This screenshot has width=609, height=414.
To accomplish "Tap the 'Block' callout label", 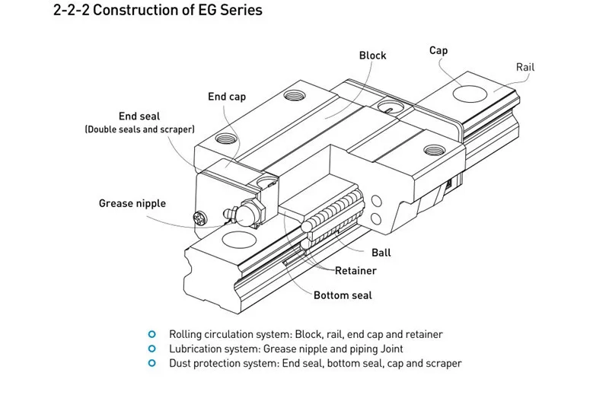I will click(372, 56).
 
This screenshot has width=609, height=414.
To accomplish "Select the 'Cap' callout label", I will click(438, 50).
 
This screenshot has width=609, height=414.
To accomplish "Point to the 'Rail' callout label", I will click(525, 67).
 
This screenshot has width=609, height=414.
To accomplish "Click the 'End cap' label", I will click(227, 97).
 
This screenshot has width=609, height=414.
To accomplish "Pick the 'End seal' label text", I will click(139, 116).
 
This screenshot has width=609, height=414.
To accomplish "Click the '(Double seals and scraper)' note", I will click(139, 130).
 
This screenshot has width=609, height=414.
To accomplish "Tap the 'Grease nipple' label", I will click(132, 203).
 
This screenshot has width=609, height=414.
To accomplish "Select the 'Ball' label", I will click(381, 253).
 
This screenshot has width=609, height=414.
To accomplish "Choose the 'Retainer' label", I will click(356, 270).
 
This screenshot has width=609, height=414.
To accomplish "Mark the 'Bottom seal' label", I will click(343, 295).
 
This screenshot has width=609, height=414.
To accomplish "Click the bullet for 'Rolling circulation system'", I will click(152, 334).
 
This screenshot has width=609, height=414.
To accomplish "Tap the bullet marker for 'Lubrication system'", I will click(152, 349).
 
